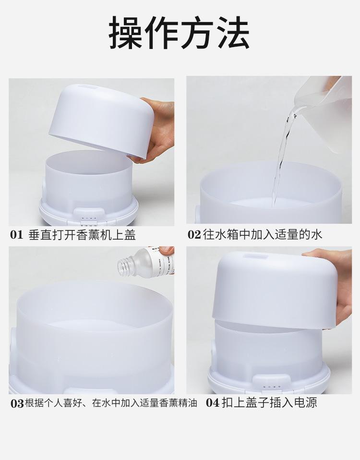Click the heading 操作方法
(180, 34)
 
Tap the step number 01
(17, 235)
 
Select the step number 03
(17, 403)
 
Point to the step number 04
(213, 402)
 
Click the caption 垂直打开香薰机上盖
(82, 235)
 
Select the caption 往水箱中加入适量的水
(262, 235)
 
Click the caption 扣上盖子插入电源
(269, 402)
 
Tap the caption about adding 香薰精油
(111, 403)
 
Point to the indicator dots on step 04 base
(272, 387)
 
